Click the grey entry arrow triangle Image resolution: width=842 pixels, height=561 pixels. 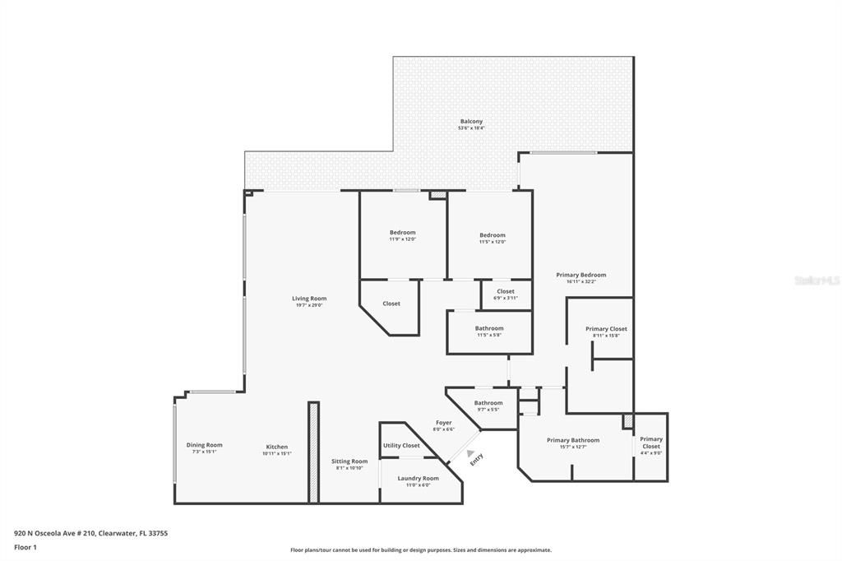click(x=470, y=452)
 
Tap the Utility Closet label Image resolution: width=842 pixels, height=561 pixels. click(x=401, y=445)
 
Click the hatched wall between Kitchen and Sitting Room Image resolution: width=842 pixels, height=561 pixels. click(x=313, y=452)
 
